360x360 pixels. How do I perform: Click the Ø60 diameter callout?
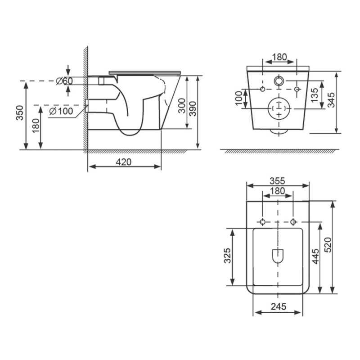[x=64, y=81]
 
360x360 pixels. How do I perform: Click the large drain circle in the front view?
[x=279, y=108]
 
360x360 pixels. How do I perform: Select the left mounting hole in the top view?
[x=263, y=221]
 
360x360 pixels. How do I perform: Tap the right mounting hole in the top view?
[x=293, y=221]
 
